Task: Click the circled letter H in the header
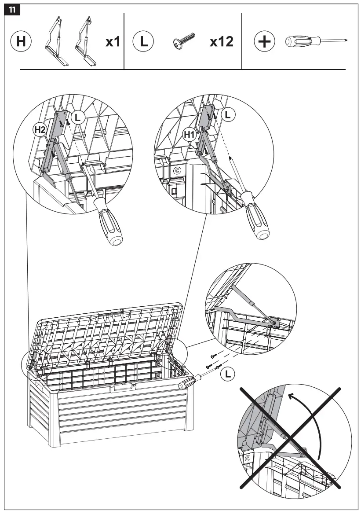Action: click(21, 42)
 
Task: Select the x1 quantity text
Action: click(113, 42)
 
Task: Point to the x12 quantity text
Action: click(221, 42)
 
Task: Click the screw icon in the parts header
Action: click(185, 41)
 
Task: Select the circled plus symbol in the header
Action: click(264, 42)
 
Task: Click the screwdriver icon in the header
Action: click(316, 42)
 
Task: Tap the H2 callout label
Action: click(40, 129)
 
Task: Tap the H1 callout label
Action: click(189, 135)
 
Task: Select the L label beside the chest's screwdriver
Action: click(227, 374)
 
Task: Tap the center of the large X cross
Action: click(290, 437)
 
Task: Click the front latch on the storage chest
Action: click(123, 388)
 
